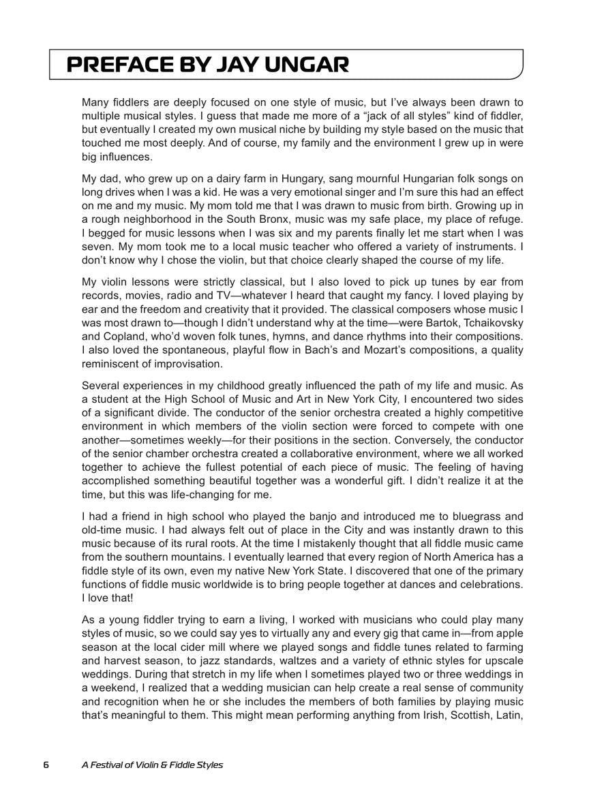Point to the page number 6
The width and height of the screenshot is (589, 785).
(x=46, y=765)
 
